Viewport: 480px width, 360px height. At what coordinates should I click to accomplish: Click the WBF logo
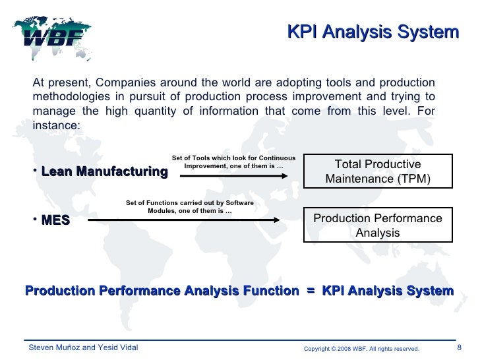tap(53, 33)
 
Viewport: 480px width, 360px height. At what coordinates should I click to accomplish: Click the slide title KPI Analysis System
tap(373, 32)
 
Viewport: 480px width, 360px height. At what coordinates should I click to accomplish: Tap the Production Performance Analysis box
tap(378, 225)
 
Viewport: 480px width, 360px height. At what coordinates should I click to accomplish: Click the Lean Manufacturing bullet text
tap(104, 172)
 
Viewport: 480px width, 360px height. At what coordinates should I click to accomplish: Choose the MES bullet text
tap(55, 221)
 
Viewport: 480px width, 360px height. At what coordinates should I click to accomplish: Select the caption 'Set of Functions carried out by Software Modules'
tap(189, 206)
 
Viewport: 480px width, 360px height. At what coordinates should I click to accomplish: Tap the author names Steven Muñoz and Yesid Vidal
tap(81, 347)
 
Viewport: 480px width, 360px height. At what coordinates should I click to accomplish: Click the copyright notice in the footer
tap(361, 348)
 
